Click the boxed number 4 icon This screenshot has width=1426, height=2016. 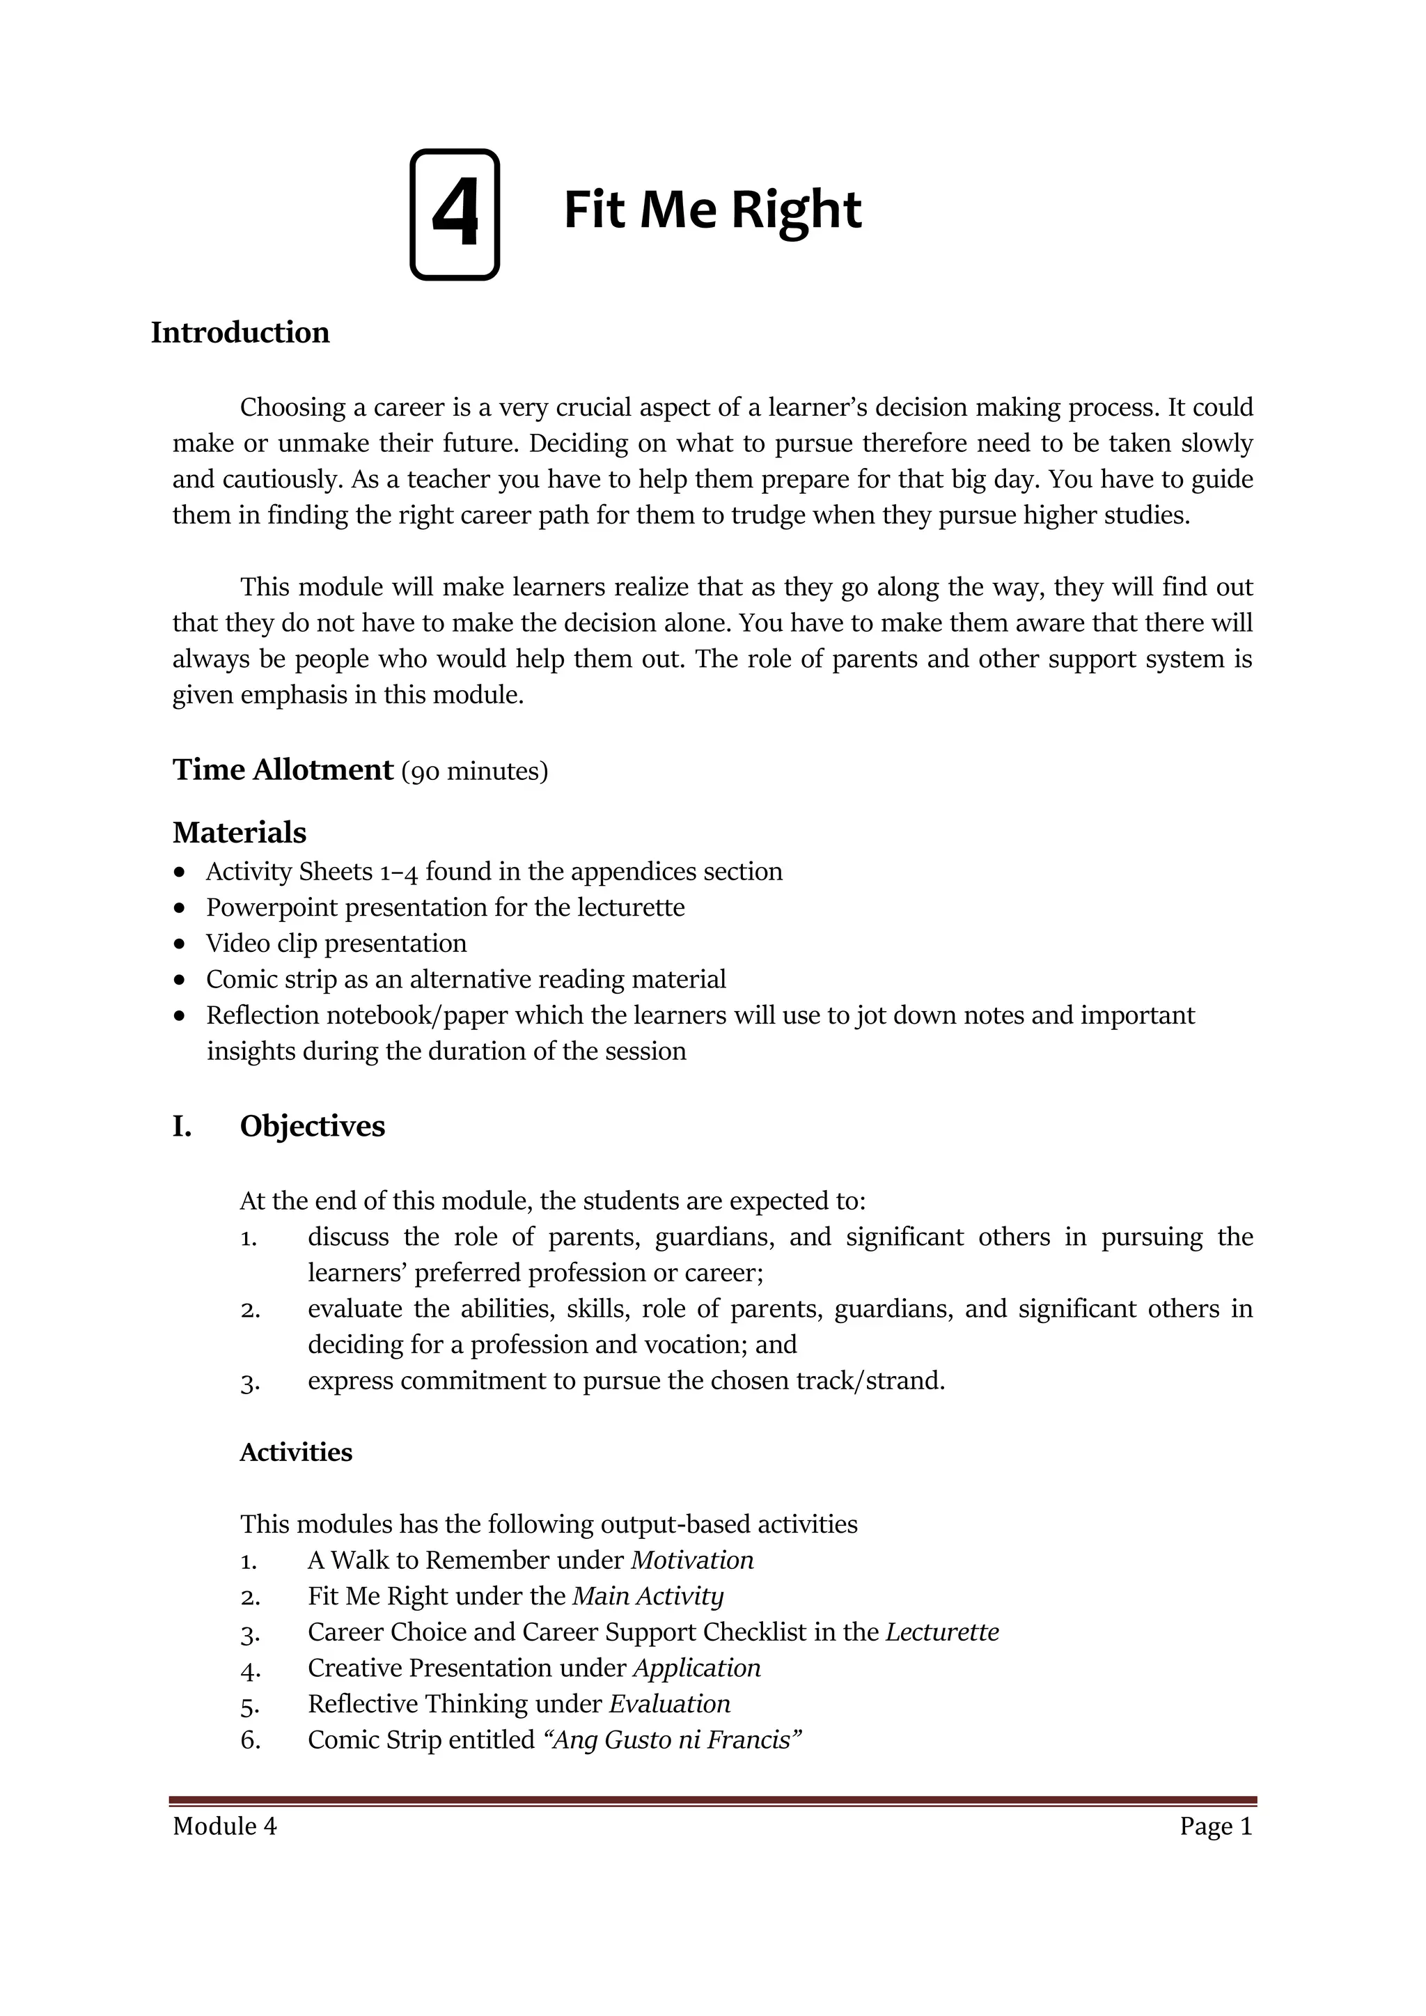[x=455, y=215]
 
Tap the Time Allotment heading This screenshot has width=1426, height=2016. [x=283, y=770]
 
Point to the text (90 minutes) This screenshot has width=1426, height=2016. [x=474, y=772]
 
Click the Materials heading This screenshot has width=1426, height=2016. [x=240, y=832]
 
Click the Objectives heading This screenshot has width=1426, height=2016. [x=313, y=1127]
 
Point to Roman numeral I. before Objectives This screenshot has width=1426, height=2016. [x=182, y=1127]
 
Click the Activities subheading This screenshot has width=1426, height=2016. [x=296, y=1453]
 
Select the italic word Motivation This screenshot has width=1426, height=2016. [x=692, y=1561]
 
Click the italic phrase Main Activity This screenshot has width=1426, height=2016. [x=648, y=1596]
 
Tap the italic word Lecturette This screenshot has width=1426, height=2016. [x=942, y=1632]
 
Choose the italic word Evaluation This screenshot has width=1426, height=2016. [x=670, y=1704]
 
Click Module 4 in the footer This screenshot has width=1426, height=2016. [x=225, y=1827]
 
